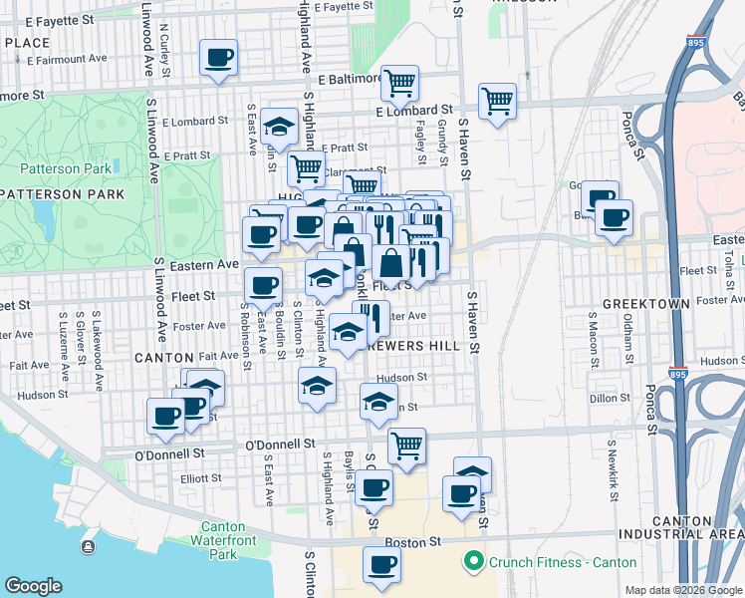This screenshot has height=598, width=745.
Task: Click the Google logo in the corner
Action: (x=34, y=586)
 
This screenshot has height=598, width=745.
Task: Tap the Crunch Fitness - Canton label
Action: (x=562, y=562)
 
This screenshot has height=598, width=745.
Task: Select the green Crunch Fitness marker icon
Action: (x=473, y=562)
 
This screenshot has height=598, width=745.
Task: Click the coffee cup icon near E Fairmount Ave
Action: (x=218, y=58)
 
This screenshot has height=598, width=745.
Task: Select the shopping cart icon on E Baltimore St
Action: (x=399, y=84)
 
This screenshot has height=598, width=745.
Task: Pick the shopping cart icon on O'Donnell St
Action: (x=406, y=447)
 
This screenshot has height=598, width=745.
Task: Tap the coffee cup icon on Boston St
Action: (x=381, y=565)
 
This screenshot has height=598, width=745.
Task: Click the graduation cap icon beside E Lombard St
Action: (x=281, y=127)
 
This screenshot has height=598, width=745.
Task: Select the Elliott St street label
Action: (x=200, y=478)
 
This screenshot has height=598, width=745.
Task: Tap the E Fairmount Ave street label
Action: (x=68, y=59)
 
